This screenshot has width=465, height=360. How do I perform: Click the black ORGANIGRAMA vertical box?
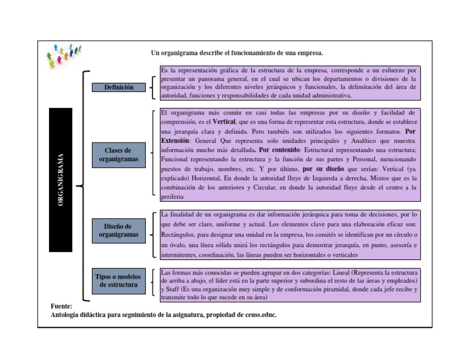click(61, 179)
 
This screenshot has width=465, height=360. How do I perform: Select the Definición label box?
click(119, 87)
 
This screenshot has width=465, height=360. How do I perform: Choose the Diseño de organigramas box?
click(119, 230)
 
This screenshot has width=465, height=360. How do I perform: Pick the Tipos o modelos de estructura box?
click(119, 281)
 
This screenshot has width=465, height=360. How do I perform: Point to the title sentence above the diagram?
click(237, 53)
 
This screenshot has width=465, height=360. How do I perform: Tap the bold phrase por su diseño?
click(323, 169)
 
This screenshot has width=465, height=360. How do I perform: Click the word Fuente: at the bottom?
click(62, 307)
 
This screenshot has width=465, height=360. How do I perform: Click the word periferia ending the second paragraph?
click(172, 197)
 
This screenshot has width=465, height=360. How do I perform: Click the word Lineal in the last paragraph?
click(353, 273)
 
